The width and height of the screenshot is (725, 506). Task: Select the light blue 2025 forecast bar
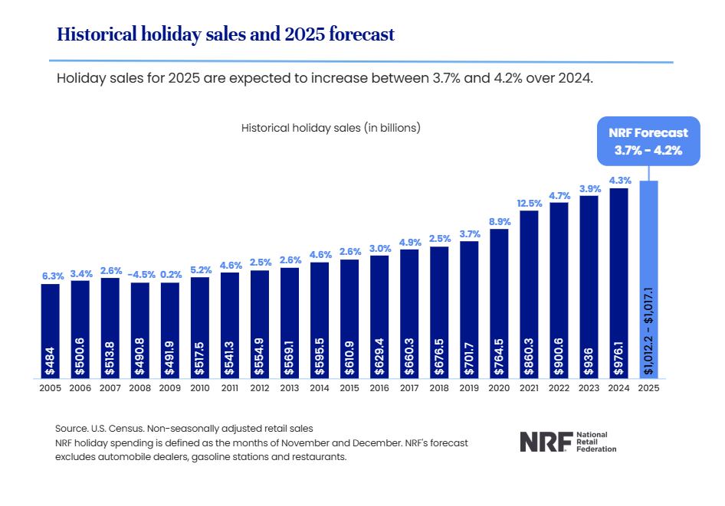[649, 253]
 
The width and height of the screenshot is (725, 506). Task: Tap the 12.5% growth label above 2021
[529, 203]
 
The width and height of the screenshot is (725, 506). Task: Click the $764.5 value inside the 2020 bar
[499, 356]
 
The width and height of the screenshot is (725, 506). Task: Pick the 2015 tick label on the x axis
[349, 388]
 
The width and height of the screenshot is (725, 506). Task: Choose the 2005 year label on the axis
[50, 388]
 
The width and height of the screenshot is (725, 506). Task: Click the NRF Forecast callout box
[649, 140]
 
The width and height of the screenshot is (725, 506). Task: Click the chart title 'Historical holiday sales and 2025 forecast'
[226, 34]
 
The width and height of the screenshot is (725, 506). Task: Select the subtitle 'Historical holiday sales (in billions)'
[331, 128]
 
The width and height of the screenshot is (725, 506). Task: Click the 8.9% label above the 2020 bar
[499, 222]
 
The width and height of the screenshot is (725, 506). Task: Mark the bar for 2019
[469, 306]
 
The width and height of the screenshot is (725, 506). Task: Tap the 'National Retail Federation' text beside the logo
[595, 441]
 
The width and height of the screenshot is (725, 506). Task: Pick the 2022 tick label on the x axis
[559, 388]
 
